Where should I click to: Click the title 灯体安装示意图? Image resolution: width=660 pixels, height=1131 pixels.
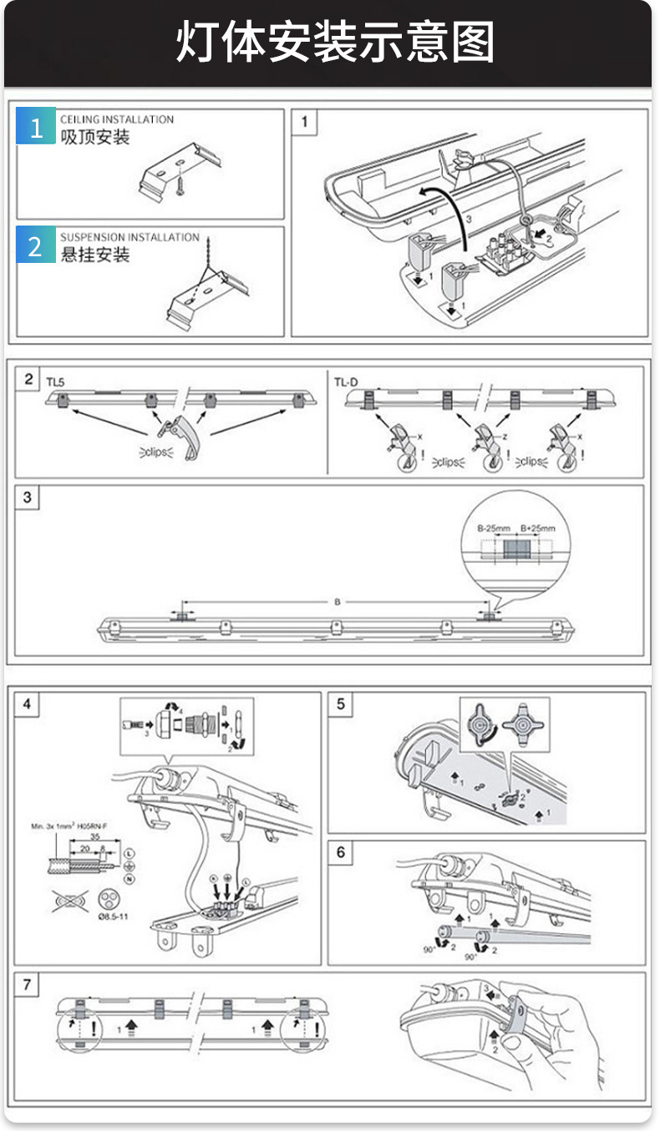tap(334, 43)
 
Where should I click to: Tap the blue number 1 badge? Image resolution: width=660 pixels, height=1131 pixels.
tap(36, 127)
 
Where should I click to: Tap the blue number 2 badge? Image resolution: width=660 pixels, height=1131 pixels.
tap(36, 245)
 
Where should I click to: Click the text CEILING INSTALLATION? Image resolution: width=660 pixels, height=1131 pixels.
tap(117, 119)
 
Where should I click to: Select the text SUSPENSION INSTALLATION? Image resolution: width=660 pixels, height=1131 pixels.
tap(129, 237)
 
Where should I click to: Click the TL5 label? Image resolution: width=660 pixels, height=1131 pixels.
tap(55, 382)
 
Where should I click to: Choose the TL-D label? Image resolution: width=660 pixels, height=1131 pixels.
tap(345, 382)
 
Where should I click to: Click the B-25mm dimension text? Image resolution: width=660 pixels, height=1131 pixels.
tap(493, 528)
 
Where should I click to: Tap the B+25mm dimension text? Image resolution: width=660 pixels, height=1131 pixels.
tap(537, 528)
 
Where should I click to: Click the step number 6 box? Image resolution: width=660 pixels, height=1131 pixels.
tap(341, 852)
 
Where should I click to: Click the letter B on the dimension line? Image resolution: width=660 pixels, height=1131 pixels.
tap(337, 601)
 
